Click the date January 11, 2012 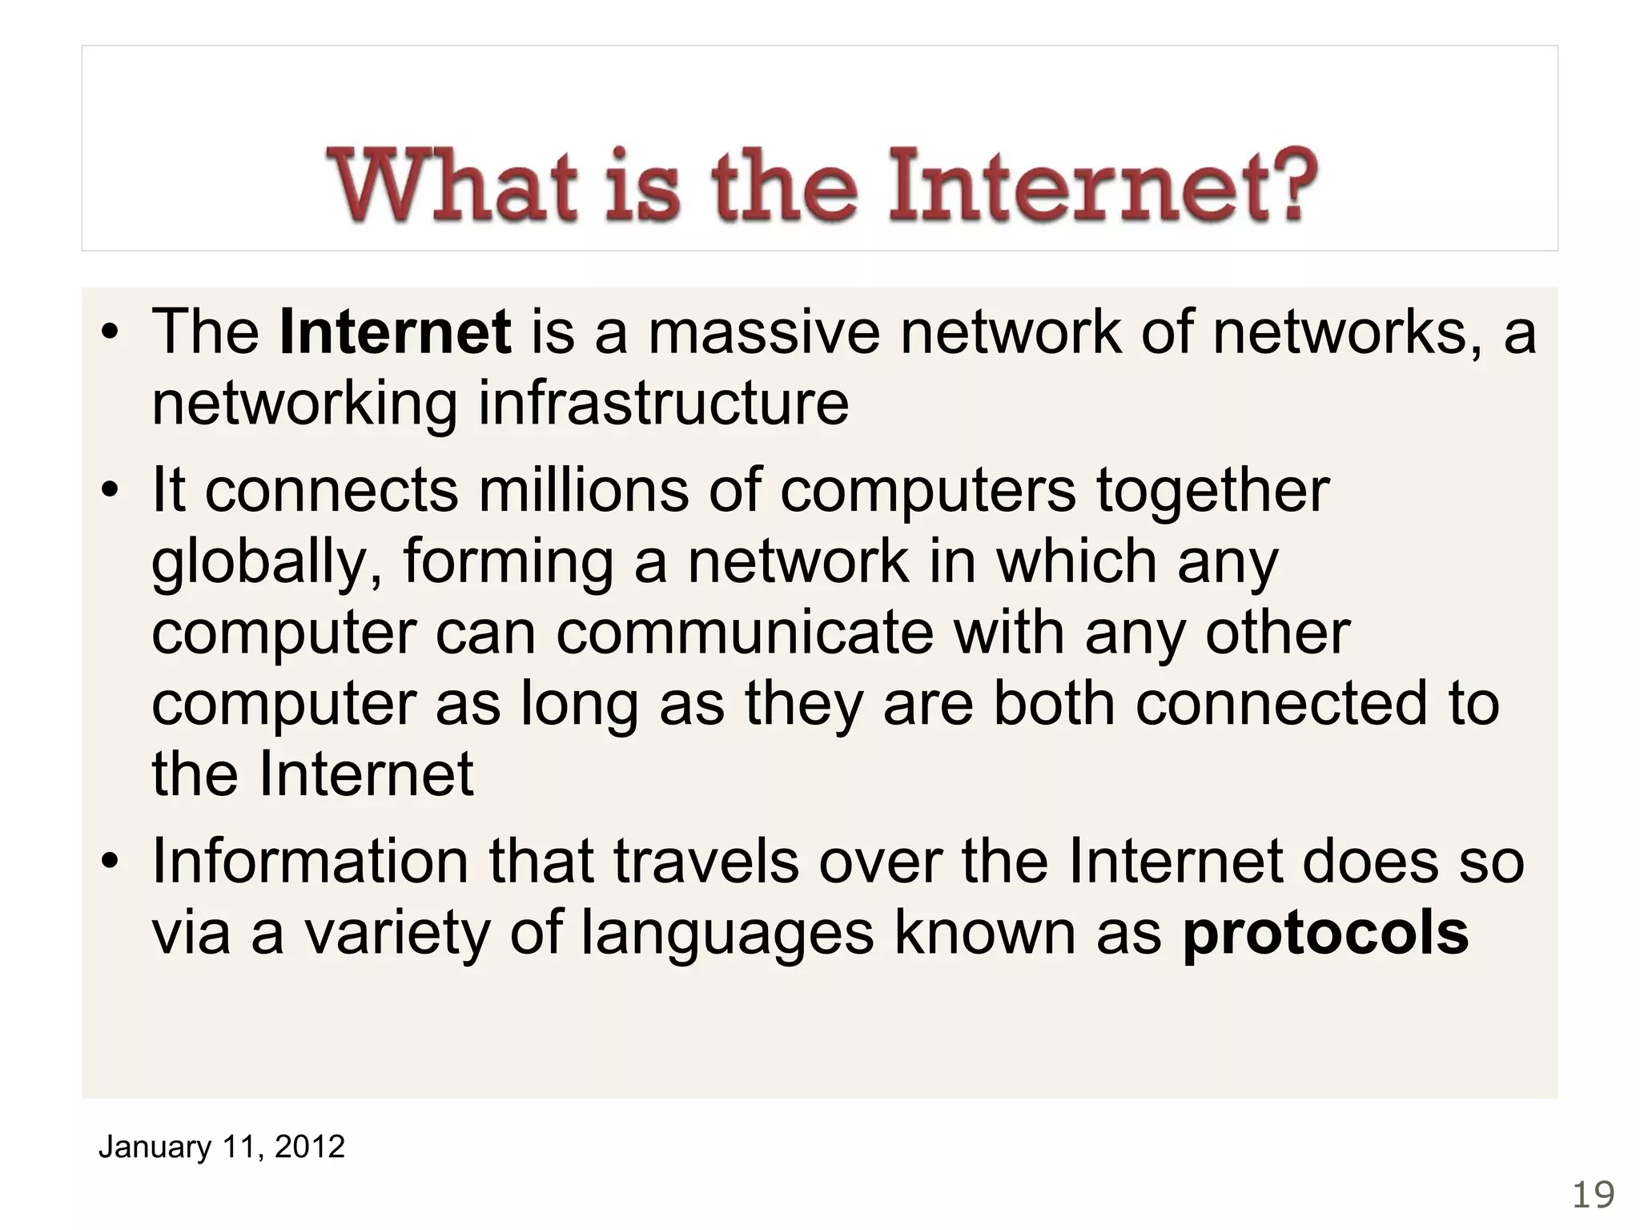(221, 1147)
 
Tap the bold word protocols (1325, 934)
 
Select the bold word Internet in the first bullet (396, 332)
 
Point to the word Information (311, 862)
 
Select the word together (1212, 490)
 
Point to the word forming (508, 562)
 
